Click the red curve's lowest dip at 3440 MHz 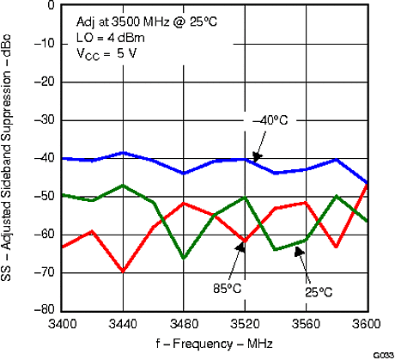tap(124, 271)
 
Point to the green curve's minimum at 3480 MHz tap(184, 258)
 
